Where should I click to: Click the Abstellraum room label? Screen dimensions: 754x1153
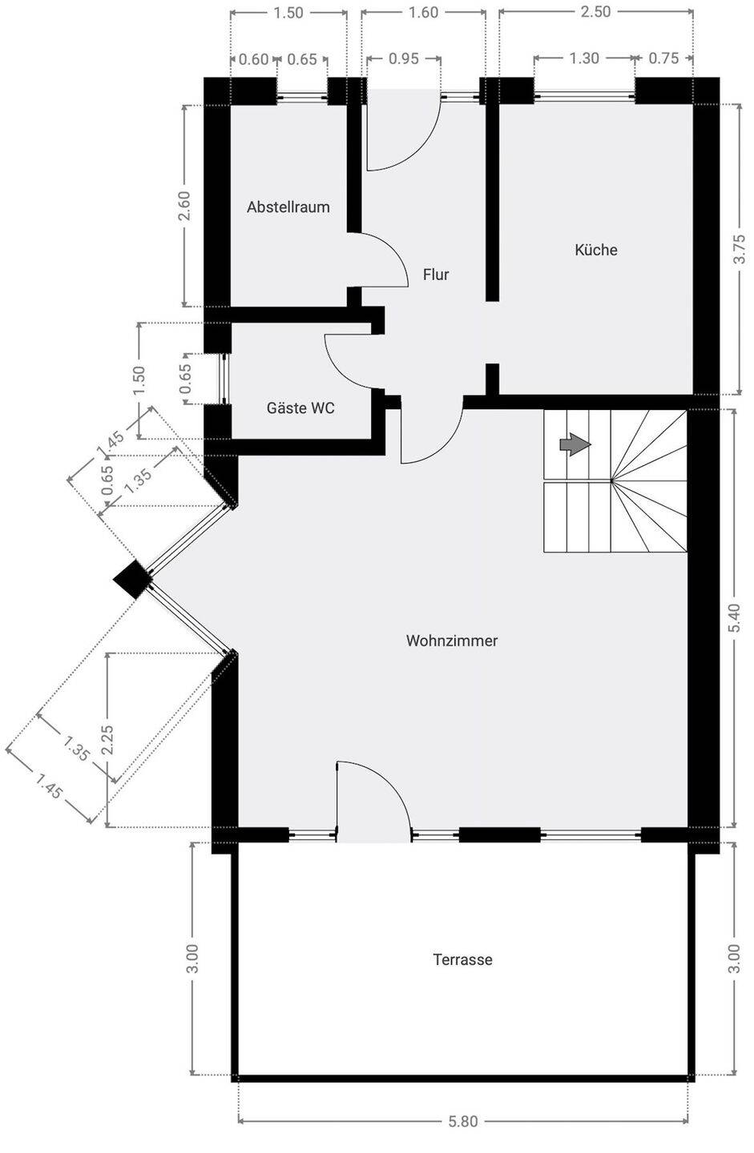tap(288, 207)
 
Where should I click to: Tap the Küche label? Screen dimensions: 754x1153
tap(596, 250)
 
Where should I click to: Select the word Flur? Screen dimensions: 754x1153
tap(436, 275)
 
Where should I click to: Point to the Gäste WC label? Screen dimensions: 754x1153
tap(300, 408)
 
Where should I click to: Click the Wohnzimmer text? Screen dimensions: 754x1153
tap(452, 641)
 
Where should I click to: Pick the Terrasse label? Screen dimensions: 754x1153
tap(462, 960)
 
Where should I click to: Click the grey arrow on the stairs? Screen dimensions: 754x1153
tap(575, 444)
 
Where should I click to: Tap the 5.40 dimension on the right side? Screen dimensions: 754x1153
tap(735, 617)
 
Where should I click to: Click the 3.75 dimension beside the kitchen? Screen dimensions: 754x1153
tap(739, 249)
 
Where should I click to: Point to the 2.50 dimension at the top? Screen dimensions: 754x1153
tap(595, 12)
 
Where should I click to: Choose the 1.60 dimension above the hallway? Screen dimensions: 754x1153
tap(423, 12)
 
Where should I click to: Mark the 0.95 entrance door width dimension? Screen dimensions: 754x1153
tap(403, 58)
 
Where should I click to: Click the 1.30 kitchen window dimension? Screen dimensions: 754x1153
tap(584, 58)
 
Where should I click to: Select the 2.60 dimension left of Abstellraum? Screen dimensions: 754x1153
tap(184, 205)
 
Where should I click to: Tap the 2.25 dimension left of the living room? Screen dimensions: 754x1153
tap(107, 740)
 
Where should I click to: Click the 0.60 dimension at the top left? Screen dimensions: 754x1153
tap(253, 59)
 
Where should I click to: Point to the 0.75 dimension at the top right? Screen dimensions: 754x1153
tap(663, 58)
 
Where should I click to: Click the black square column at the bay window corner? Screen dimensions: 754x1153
tap(133, 579)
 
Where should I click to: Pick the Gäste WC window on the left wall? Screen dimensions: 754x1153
tap(225, 379)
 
